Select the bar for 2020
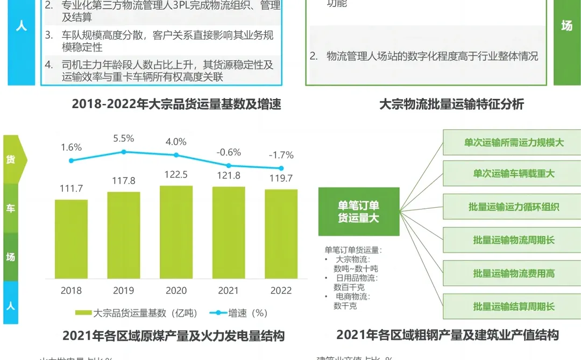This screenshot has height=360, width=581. pos(176,232)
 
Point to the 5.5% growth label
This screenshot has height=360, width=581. pos(123,138)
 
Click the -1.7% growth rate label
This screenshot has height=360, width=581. pos(281,155)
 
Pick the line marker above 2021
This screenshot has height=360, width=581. pos(229,166)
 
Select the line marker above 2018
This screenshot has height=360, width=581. pos(71,160)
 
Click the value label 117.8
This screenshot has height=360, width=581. pos(123,180)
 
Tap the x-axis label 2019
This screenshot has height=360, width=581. pos(123,291)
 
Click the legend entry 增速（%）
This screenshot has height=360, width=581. pos(242,313)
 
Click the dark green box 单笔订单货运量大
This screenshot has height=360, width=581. pos(359,211)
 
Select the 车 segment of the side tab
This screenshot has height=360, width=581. pos(11,208)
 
